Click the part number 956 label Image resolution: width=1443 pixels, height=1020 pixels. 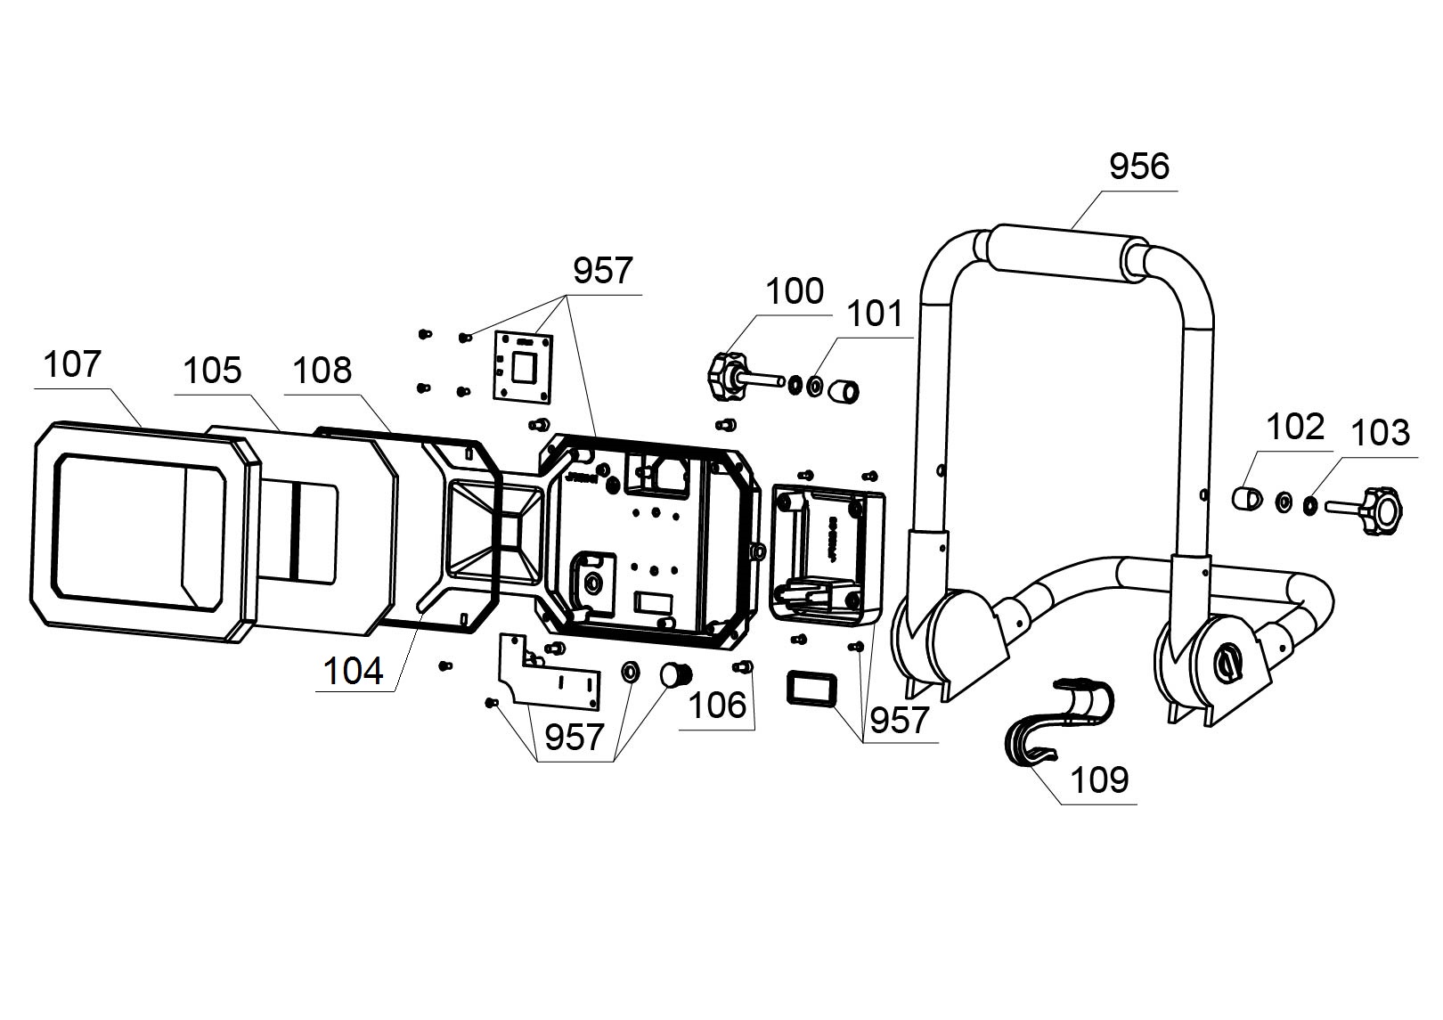pos(1138,167)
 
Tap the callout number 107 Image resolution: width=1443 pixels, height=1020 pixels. pos(72,364)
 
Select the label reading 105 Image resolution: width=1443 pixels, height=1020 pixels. pos(212,371)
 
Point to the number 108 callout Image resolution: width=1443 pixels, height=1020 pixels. pos(322,371)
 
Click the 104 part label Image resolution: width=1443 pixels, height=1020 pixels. pos(354,671)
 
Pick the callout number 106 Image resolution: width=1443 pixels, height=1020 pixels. pos(717,706)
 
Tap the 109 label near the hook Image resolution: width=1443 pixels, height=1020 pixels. pos(1099,780)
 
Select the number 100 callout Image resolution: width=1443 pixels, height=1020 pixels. pos(795,291)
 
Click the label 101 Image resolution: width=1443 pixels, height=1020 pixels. pos(874,314)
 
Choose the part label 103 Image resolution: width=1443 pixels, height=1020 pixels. pos(1380,433)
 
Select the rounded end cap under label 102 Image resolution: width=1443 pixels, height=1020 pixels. pos(1244,497)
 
